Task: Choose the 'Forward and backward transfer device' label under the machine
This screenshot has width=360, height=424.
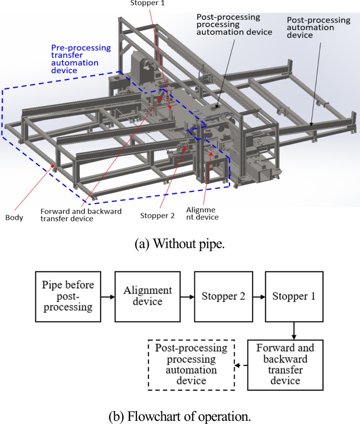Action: pos(81,215)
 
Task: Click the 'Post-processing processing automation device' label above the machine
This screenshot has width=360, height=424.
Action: pos(234,25)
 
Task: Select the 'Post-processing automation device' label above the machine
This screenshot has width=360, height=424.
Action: pos(319,27)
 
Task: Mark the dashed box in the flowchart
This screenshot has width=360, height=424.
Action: pos(192,365)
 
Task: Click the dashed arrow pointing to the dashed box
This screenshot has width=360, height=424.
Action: pos(242,365)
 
